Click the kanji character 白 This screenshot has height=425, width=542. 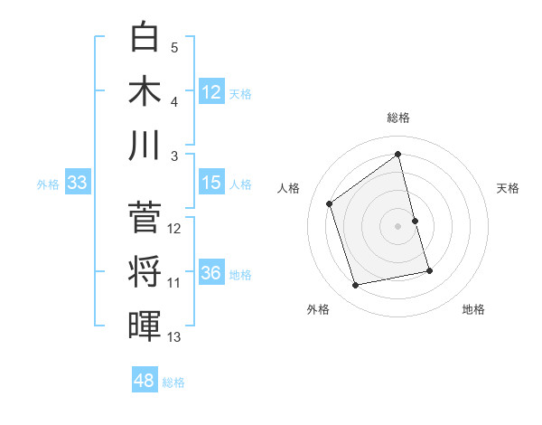pyautogui.click(x=145, y=38)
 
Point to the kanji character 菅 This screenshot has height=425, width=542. pyautogui.click(x=145, y=217)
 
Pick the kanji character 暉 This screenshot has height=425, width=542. pyautogui.click(x=145, y=324)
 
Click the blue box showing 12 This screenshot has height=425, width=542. pyautogui.click(x=211, y=91)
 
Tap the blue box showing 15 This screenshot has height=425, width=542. pyautogui.click(x=211, y=183)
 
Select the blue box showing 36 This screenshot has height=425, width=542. pyautogui.click(x=211, y=273)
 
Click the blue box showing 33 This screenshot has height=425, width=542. pyautogui.click(x=77, y=183)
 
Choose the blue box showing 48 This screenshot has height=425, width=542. pyautogui.click(x=144, y=381)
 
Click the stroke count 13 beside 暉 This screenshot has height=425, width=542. pyautogui.click(x=174, y=337)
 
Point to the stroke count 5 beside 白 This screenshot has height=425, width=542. pyautogui.click(x=174, y=47)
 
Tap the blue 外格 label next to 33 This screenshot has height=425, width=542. pyautogui.click(x=48, y=184)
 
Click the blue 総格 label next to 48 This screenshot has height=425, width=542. pyautogui.click(x=173, y=382)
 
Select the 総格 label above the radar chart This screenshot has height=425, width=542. pyautogui.click(x=397, y=117)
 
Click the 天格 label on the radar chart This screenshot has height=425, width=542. pyautogui.click(x=509, y=188)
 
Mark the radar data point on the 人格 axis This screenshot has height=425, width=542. pyautogui.click(x=330, y=204)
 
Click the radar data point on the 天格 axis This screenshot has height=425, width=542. pyautogui.click(x=415, y=221)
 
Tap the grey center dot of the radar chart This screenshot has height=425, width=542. pyautogui.click(x=397, y=226)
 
